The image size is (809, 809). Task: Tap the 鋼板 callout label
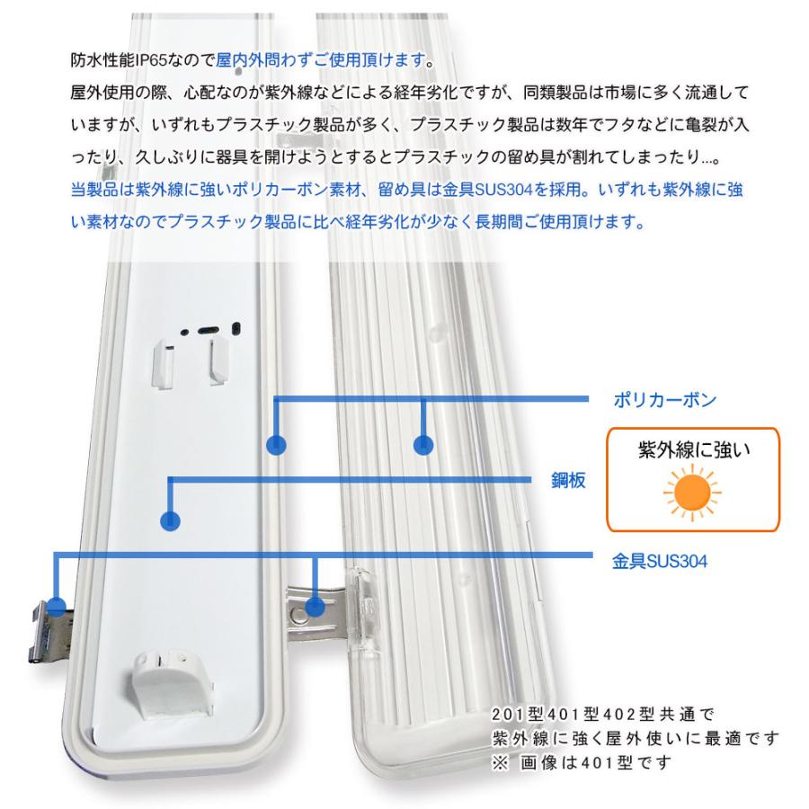coord(568,481)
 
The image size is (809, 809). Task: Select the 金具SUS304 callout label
coord(654,563)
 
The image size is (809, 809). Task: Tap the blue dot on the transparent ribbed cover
coord(423,444)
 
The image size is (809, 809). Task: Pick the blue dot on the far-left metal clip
coord(58,604)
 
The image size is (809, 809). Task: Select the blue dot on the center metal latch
coord(315,607)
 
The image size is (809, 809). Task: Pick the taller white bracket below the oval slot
coord(217,360)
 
